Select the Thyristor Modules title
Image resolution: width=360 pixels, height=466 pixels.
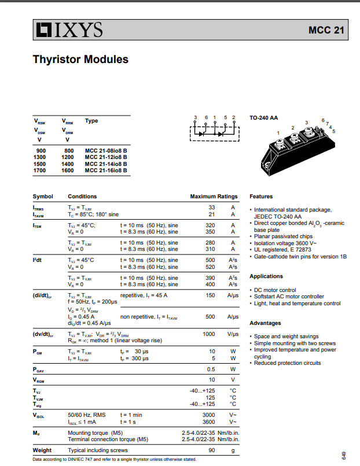pos(80,60)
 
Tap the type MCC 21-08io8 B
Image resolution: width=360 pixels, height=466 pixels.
pos(106,150)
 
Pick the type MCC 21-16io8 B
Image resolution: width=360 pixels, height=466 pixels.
pos(106,171)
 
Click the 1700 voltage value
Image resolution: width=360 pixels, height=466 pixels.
pos(39,171)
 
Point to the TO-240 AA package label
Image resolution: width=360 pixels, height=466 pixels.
pos(263,118)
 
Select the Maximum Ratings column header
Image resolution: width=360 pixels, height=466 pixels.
pos(214,197)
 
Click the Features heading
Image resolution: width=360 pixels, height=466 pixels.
pos(261,197)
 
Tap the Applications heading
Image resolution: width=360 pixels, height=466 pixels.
pos(266,276)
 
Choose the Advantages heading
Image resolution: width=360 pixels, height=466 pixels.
pos(265,323)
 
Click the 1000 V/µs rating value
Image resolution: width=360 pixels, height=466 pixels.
pos(208,334)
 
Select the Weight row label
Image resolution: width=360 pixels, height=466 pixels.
pos(42,450)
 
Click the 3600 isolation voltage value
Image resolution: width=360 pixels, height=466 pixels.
pos(208,422)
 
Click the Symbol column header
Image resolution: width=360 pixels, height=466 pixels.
pos(43,197)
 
